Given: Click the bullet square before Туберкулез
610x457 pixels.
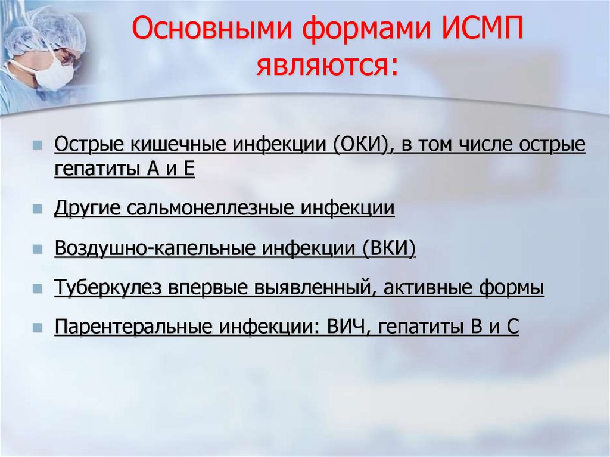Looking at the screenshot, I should (x=38, y=288).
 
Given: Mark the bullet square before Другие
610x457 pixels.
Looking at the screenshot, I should (x=38, y=210).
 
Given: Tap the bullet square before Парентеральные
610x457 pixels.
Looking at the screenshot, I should (x=38, y=328).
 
